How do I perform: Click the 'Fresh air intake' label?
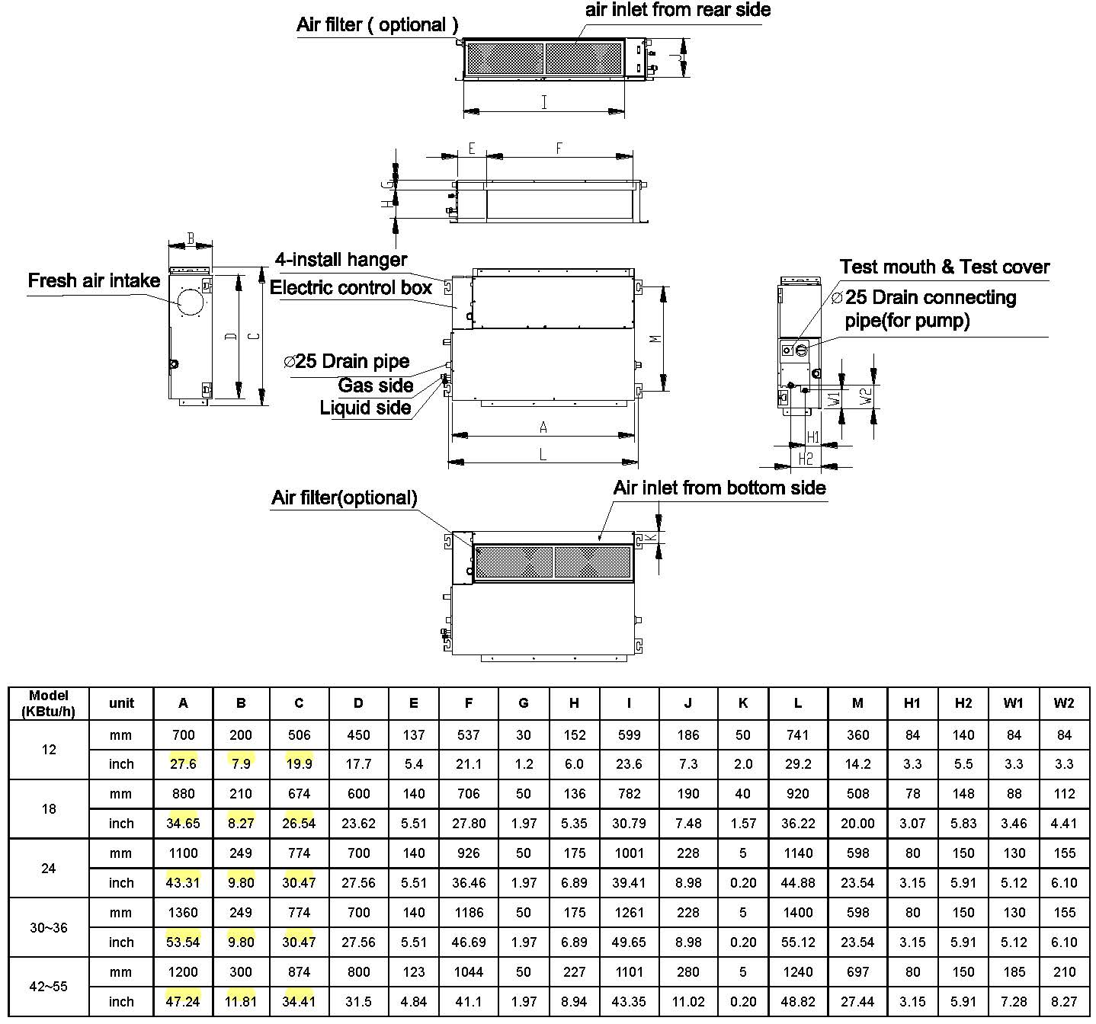click(94, 280)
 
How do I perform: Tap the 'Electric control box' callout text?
click(351, 287)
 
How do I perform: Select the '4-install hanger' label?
click(341, 259)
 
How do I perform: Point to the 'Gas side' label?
click(375, 385)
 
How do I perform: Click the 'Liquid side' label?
click(365, 408)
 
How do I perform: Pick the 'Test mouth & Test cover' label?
click(944, 267)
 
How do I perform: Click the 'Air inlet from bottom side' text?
click(719, 488)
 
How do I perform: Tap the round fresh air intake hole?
click(191, 302)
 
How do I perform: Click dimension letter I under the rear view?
click(544, 102)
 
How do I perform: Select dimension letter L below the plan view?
click(543, 454)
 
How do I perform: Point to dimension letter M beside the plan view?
click(655, 339)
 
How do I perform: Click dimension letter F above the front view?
click(559, 148)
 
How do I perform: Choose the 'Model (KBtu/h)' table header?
click(49, 703)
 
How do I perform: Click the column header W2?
click(1064, 703)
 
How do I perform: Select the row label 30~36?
click(49, 927)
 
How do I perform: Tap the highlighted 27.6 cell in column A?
click(183, 763)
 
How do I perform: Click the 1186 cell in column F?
click(469, 913)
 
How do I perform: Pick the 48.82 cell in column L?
click(798, 1001)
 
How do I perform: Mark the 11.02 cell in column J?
click(688, 1001)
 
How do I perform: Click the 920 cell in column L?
click(798, 793)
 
